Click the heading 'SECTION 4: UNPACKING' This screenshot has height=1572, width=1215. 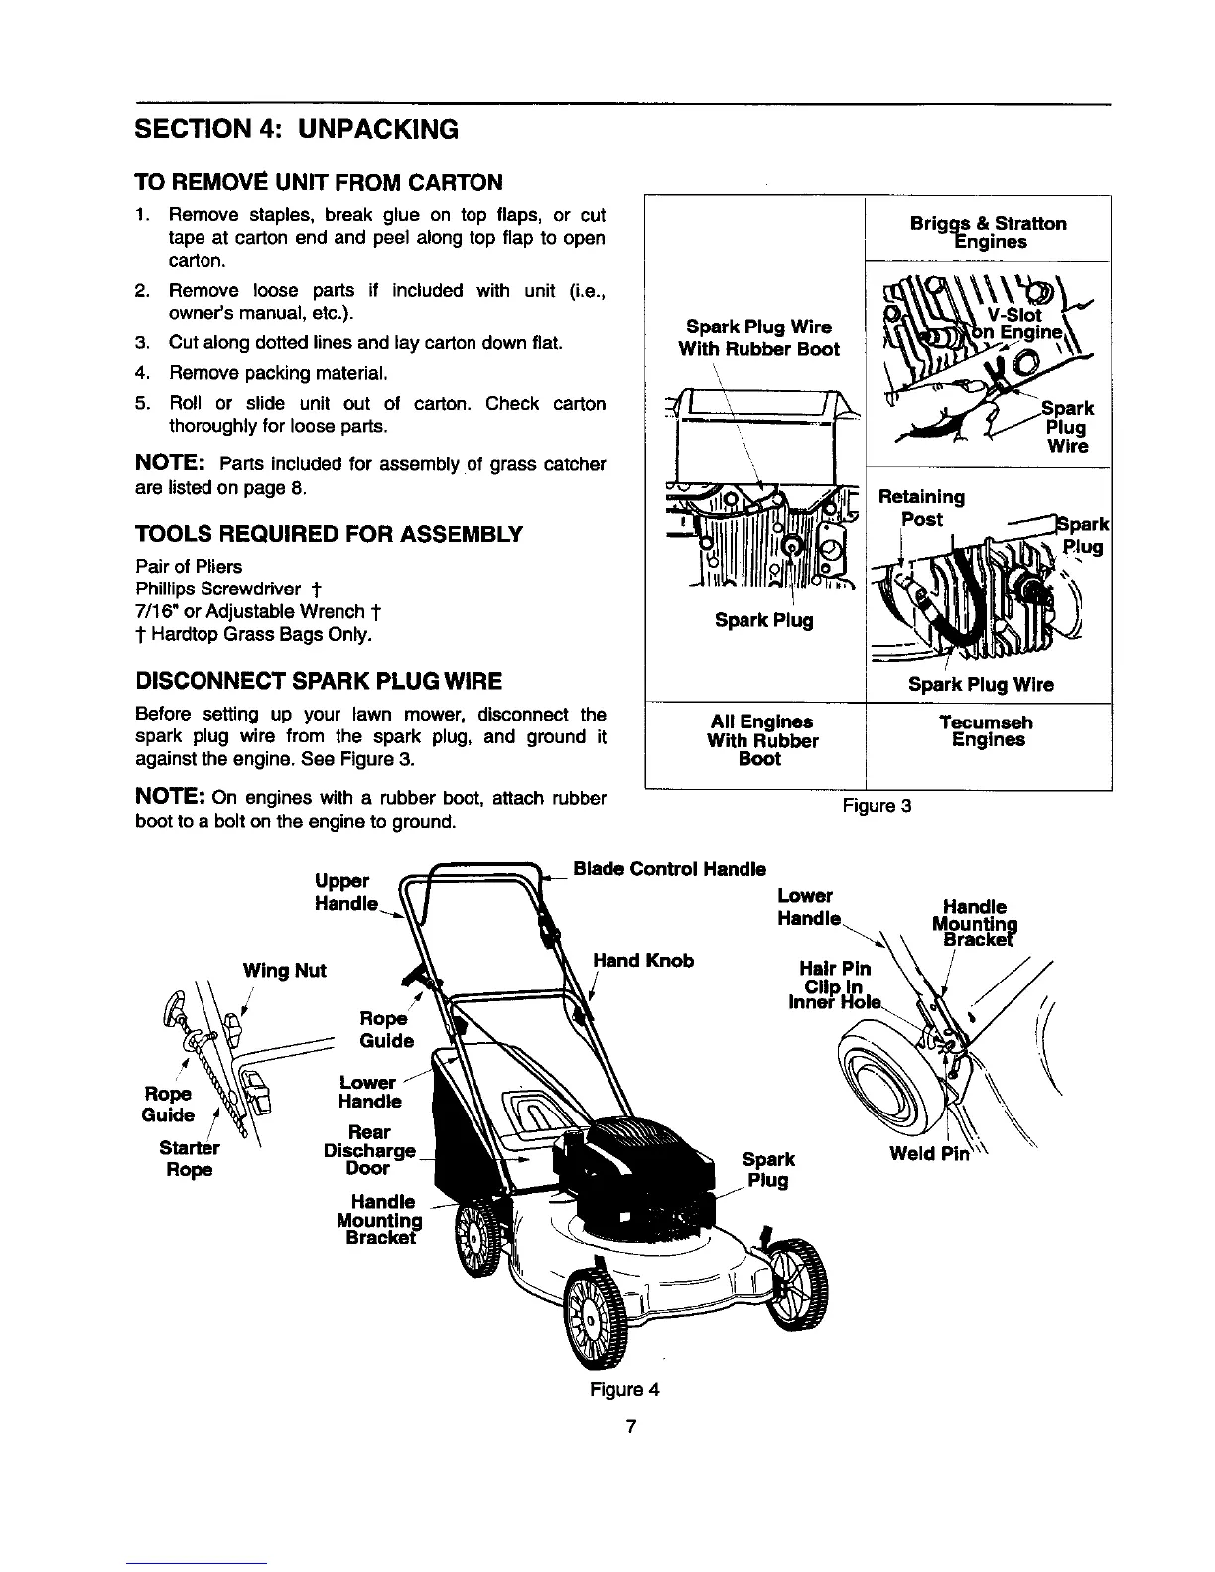click(296, 129)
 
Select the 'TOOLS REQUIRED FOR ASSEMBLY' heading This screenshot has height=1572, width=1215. click(328, 535)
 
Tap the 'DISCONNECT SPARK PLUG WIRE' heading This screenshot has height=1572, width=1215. click(318, 681)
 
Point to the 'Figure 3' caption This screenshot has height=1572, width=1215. click(877, 806)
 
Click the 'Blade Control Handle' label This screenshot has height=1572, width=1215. click(671, 869)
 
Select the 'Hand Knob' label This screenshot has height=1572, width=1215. click(642, 960)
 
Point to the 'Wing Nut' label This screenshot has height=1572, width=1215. click(284, 970)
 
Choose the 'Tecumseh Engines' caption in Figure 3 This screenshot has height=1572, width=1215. click(988, 731)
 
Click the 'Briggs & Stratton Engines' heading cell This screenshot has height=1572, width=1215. click(988, 232)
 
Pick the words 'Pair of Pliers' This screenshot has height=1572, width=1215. click(189, 567)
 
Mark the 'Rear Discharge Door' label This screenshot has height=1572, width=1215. click(368, 1150)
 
